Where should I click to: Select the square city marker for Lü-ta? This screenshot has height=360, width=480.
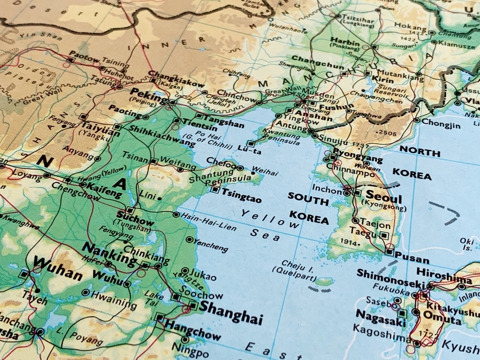tap(251, 143)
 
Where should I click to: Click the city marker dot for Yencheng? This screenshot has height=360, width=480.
tap(190, 239)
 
